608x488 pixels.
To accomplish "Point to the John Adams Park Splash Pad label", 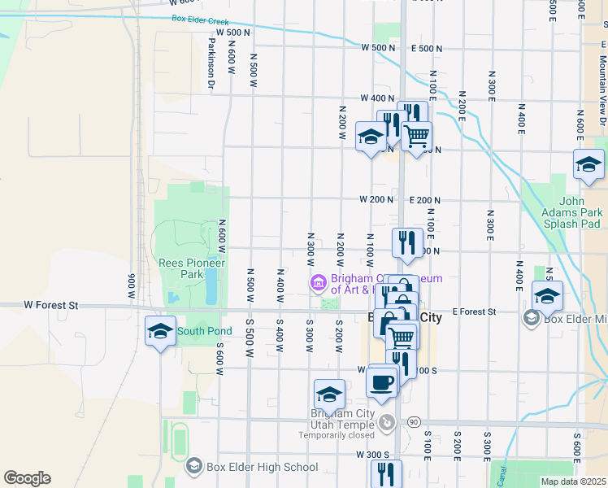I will click(x=580, y=210).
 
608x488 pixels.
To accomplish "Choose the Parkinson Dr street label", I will click(x=211, y=63).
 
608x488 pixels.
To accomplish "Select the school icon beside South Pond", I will click(x=160, y=330).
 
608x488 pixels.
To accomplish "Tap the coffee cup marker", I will click(x=381, y=381).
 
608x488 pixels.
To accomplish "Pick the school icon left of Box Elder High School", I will click(x=193, y=466).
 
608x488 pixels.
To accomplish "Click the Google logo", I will click(x=27, y=478).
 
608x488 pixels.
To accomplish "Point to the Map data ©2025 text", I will click(x=572, y=481).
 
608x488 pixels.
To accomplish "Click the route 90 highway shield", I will click(x=414, y=421).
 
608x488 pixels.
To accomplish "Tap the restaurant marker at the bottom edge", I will click(x=386, y=473).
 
